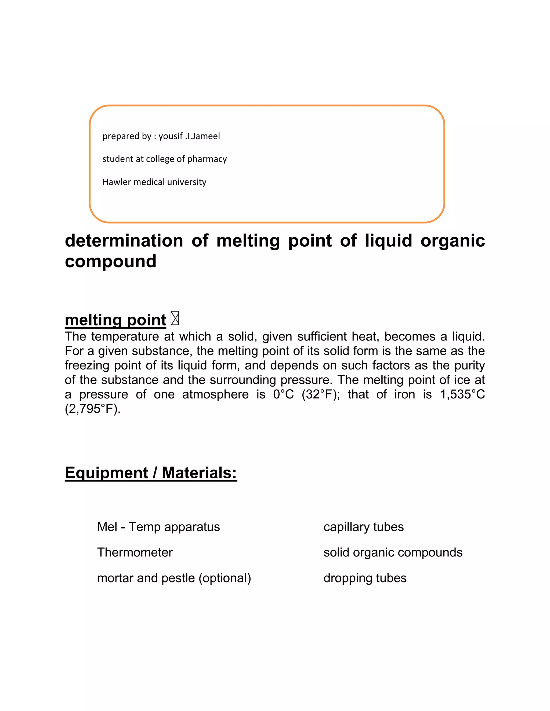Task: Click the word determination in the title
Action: (124, 241)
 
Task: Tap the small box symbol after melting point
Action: (175, 319)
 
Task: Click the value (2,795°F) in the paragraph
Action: (93, 409)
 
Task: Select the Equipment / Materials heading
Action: (151, 473)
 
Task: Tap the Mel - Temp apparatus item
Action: (158, 527)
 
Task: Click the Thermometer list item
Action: (135, 552)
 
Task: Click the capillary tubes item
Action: (363, 527)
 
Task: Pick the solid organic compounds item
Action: (393, 552)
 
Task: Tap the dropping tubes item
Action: (365, 578)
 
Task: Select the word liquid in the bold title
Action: (388, 241)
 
